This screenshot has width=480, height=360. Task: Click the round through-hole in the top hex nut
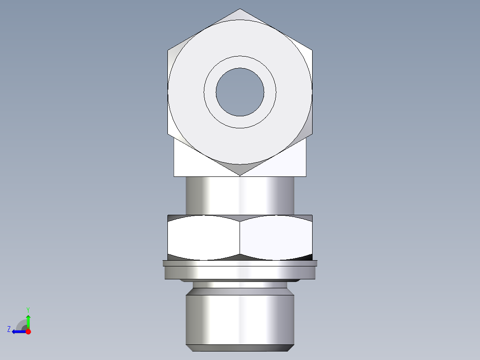pyautogui.click(x=240, y=92)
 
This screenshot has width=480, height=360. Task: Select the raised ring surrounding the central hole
pyautogui.click(x=240, y=62)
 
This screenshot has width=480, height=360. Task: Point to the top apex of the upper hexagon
pyautogui.click(x=240, y=9)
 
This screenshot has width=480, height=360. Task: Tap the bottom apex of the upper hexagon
pyautogui.click(x=240, y=175)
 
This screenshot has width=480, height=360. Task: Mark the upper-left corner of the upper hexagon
pyautogui.click(x=168, y=50)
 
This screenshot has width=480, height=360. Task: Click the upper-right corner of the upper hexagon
pyautogui.click(x=312, y=50)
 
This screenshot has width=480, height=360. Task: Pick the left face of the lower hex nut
pyautogui.click(x=204, y=237)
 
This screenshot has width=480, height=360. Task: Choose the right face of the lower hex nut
pyautogui.click(x=276, y=237)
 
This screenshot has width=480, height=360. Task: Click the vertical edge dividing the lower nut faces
pyautogui.click(x=240, y=237)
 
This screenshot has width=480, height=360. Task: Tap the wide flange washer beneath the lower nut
pyautogui.click(x=240, y=270)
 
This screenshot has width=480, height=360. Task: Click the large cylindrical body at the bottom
pyautogui.click(x=240, y=319)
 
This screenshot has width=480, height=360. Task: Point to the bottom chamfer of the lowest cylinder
pyautogui.click(x=240, y=348)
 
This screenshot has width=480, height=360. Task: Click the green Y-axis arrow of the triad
pyautogui.click(x=28, y=321)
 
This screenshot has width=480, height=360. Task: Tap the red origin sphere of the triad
pyautogui.click(x=28, y=331)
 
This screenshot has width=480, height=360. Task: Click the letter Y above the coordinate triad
pyautogui.click(x=28, y=310)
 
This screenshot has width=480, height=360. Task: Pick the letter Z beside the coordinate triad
pyautogui.click(x=9, y=329)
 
